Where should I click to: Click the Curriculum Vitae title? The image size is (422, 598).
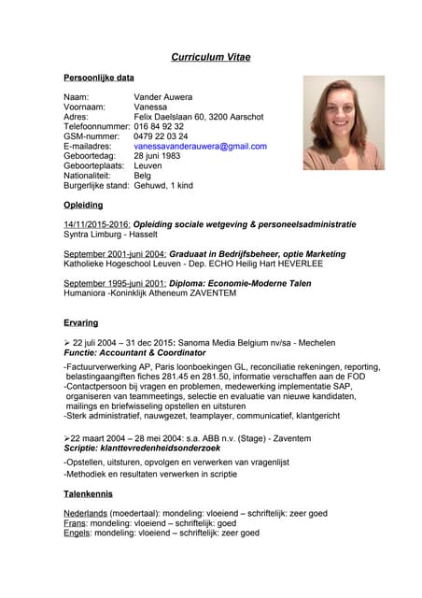click(210, 57)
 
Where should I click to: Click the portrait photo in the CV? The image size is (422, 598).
click(343, 122)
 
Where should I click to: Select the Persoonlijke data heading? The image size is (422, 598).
click(98, 78)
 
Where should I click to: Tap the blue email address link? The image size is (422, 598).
click(200, 146)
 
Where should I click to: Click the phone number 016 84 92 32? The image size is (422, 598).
click(159, 126)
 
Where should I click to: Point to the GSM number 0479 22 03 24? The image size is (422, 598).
click(161, 136)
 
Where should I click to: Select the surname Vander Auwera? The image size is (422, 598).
click(163, 97)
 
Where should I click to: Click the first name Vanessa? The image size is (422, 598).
click(152, 107)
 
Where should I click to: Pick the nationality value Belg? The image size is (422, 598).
click(142, 175)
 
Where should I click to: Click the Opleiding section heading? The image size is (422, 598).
click(83, 205)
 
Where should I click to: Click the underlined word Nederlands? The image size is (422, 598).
click(85, 513)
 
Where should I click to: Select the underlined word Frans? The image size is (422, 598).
click(75, 523)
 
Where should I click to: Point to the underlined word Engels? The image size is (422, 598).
click(77, 533)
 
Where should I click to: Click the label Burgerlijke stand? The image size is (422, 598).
click(95, 185)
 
